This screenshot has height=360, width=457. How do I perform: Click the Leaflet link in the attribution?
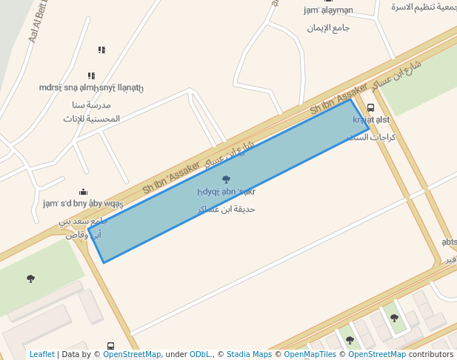pos(41,355)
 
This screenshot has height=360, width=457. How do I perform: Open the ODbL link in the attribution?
pos(201,355)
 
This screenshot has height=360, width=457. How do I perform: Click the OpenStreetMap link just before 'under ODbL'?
pos(132,355)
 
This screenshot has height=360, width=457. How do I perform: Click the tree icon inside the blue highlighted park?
pos(226,179)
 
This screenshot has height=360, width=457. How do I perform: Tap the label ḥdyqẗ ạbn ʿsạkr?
pos(226,192)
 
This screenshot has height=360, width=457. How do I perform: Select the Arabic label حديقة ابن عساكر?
pos(227,209)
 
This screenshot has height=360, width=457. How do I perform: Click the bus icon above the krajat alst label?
pos(371,107)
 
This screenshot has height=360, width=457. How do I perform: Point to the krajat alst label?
pos(371,120)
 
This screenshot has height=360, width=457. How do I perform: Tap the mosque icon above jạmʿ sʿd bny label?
pos(83,192)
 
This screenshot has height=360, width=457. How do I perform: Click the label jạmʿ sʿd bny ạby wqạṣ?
pos(83,204)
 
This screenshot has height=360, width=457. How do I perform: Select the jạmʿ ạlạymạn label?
pos(328,10)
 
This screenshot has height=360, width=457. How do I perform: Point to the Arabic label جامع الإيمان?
pos(328,27)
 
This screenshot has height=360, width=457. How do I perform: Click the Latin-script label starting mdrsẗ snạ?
pos(91,88)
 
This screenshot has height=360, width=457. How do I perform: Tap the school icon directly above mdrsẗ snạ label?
pos(91,76)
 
